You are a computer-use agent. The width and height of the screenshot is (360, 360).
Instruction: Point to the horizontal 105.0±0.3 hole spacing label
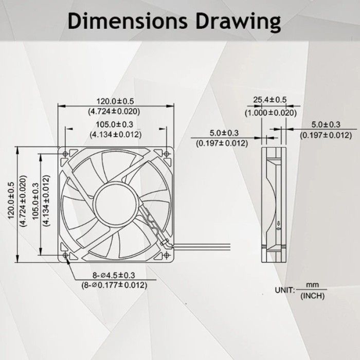pyautogui.click(x=115, y=124)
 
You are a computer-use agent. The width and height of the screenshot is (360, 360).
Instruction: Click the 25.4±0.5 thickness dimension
pyautogui.click(x=271, y=100)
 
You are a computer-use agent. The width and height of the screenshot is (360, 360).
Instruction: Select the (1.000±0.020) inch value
pyautogui.click(x=271, y=113)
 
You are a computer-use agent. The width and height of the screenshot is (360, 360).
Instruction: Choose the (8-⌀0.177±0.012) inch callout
pyautogui.click(x=113, y=284)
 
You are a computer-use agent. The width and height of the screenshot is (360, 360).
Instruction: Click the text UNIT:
pyautogui.click(x=284, y=291)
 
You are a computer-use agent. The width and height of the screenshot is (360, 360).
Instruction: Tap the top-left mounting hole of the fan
pyautogui.click(x=65, y=153)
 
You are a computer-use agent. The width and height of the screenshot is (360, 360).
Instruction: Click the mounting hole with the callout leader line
pyautogui.click(x=65, y=256)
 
